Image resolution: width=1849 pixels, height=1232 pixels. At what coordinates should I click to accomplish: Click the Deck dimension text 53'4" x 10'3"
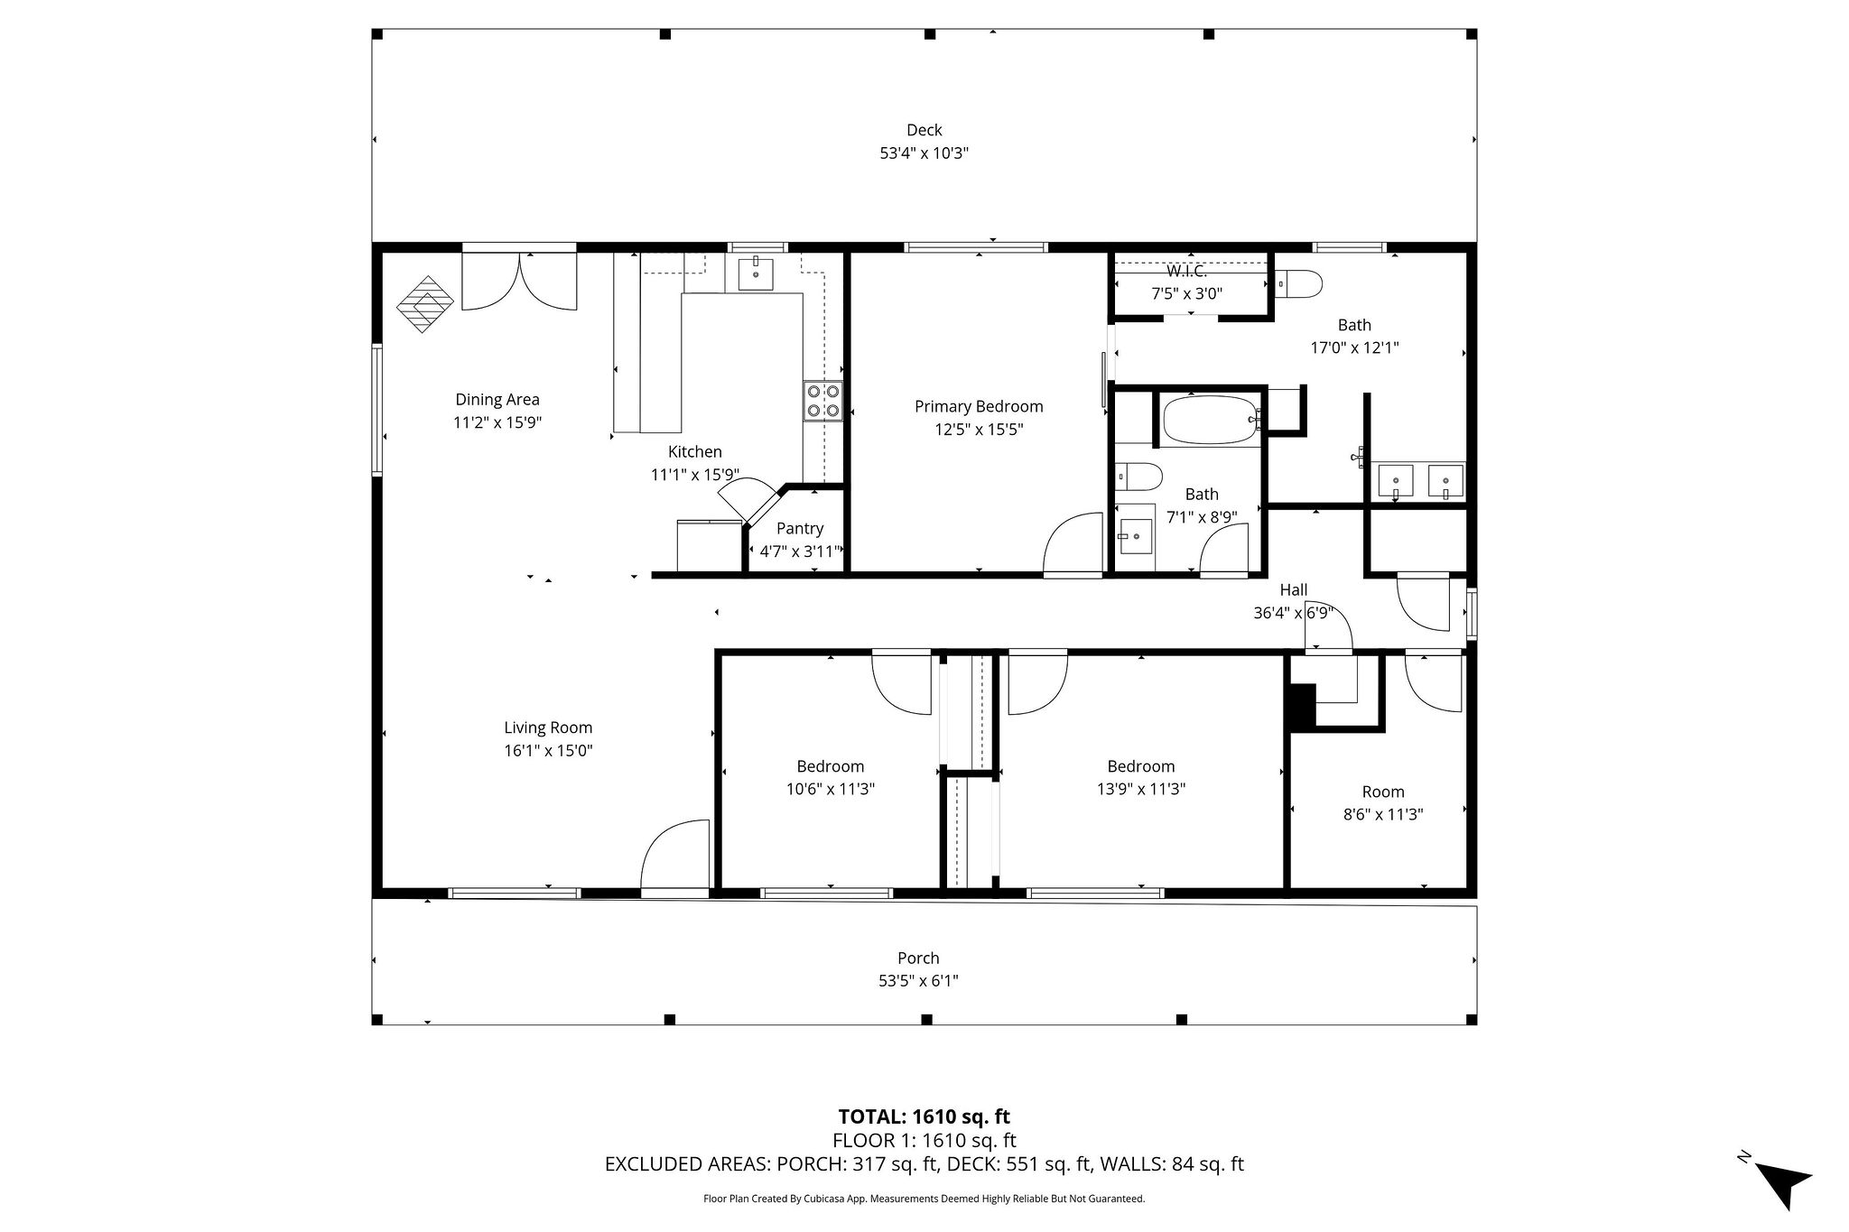(924, 153)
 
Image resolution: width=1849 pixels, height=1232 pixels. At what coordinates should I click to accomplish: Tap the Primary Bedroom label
(979, 407)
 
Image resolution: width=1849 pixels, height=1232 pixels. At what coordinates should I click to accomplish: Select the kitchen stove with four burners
(822, 401)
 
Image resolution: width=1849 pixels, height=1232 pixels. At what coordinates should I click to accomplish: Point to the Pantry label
(799, 529)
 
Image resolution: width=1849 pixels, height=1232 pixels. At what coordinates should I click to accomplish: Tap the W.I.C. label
(1186, 271)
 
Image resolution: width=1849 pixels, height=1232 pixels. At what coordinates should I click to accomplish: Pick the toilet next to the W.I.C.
(1300, 284)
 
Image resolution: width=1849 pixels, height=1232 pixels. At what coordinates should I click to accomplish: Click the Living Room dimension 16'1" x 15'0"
(548, 750)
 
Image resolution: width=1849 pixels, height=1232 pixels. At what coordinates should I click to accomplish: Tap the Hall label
(1293, 590)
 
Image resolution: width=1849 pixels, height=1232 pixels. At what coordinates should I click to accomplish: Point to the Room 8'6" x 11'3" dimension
(1383, 814)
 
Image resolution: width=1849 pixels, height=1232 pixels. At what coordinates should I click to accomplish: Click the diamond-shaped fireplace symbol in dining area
(425, 303)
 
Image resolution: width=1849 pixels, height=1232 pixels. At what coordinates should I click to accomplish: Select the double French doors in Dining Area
(519, 282)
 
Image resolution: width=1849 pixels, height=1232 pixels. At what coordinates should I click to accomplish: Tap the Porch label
(918, 959)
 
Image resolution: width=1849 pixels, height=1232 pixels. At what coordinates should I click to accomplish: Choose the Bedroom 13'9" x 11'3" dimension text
(1141, 789)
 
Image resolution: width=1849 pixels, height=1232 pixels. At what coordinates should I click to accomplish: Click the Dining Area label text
(497, 400)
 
